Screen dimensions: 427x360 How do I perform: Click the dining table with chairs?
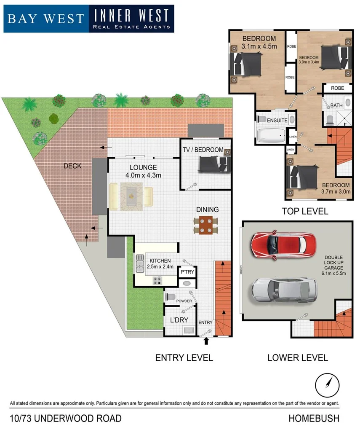206,225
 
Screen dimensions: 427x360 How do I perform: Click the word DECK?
72,166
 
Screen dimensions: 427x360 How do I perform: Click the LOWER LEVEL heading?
297,358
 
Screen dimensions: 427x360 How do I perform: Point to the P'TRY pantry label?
187,272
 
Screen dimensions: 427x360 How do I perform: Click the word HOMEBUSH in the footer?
314,419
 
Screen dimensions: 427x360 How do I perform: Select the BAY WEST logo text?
45,19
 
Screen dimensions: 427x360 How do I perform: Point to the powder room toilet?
170,296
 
